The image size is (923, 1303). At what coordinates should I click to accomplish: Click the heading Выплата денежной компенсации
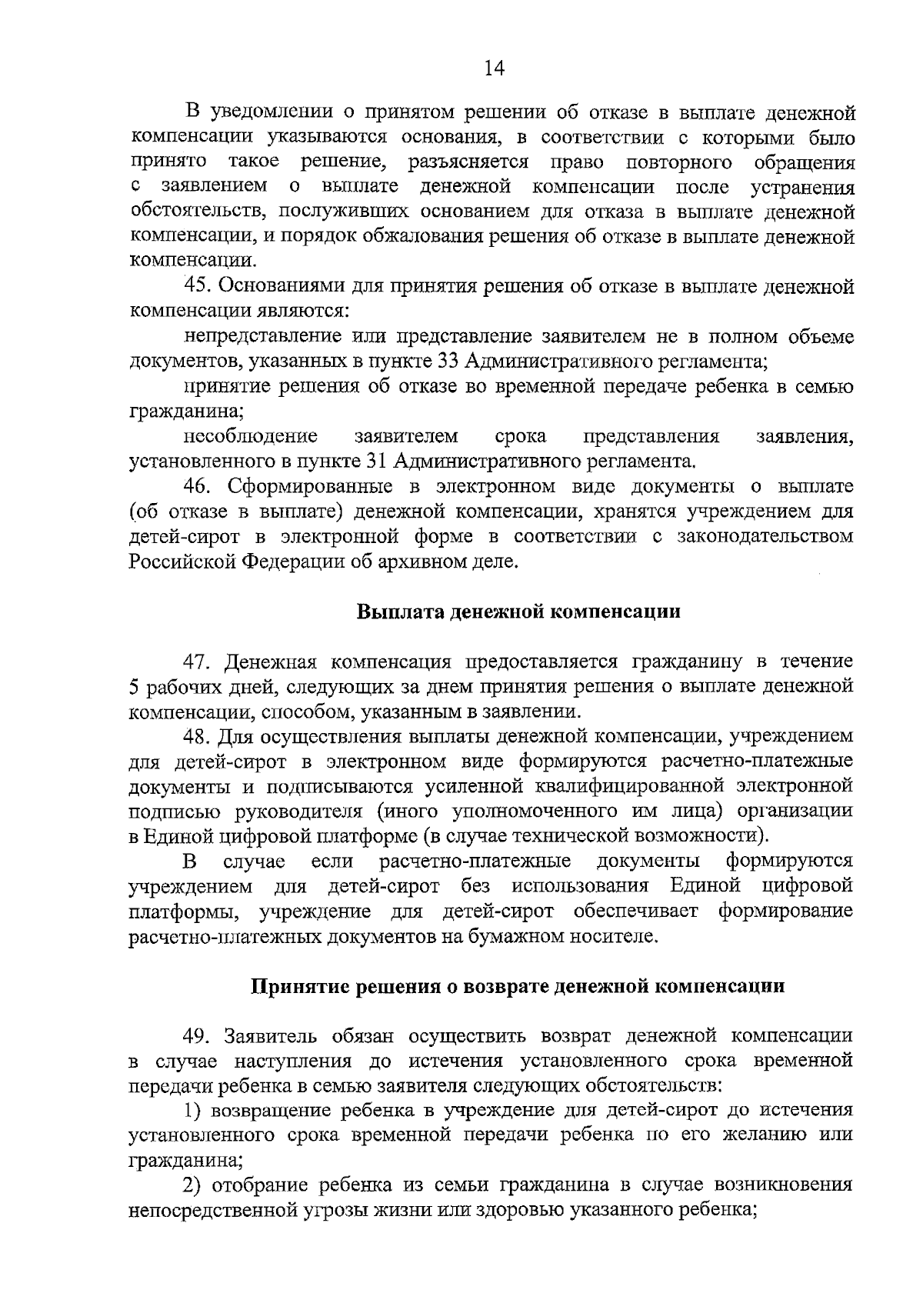(519, 612)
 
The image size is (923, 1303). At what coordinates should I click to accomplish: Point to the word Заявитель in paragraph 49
(272, 1036)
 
